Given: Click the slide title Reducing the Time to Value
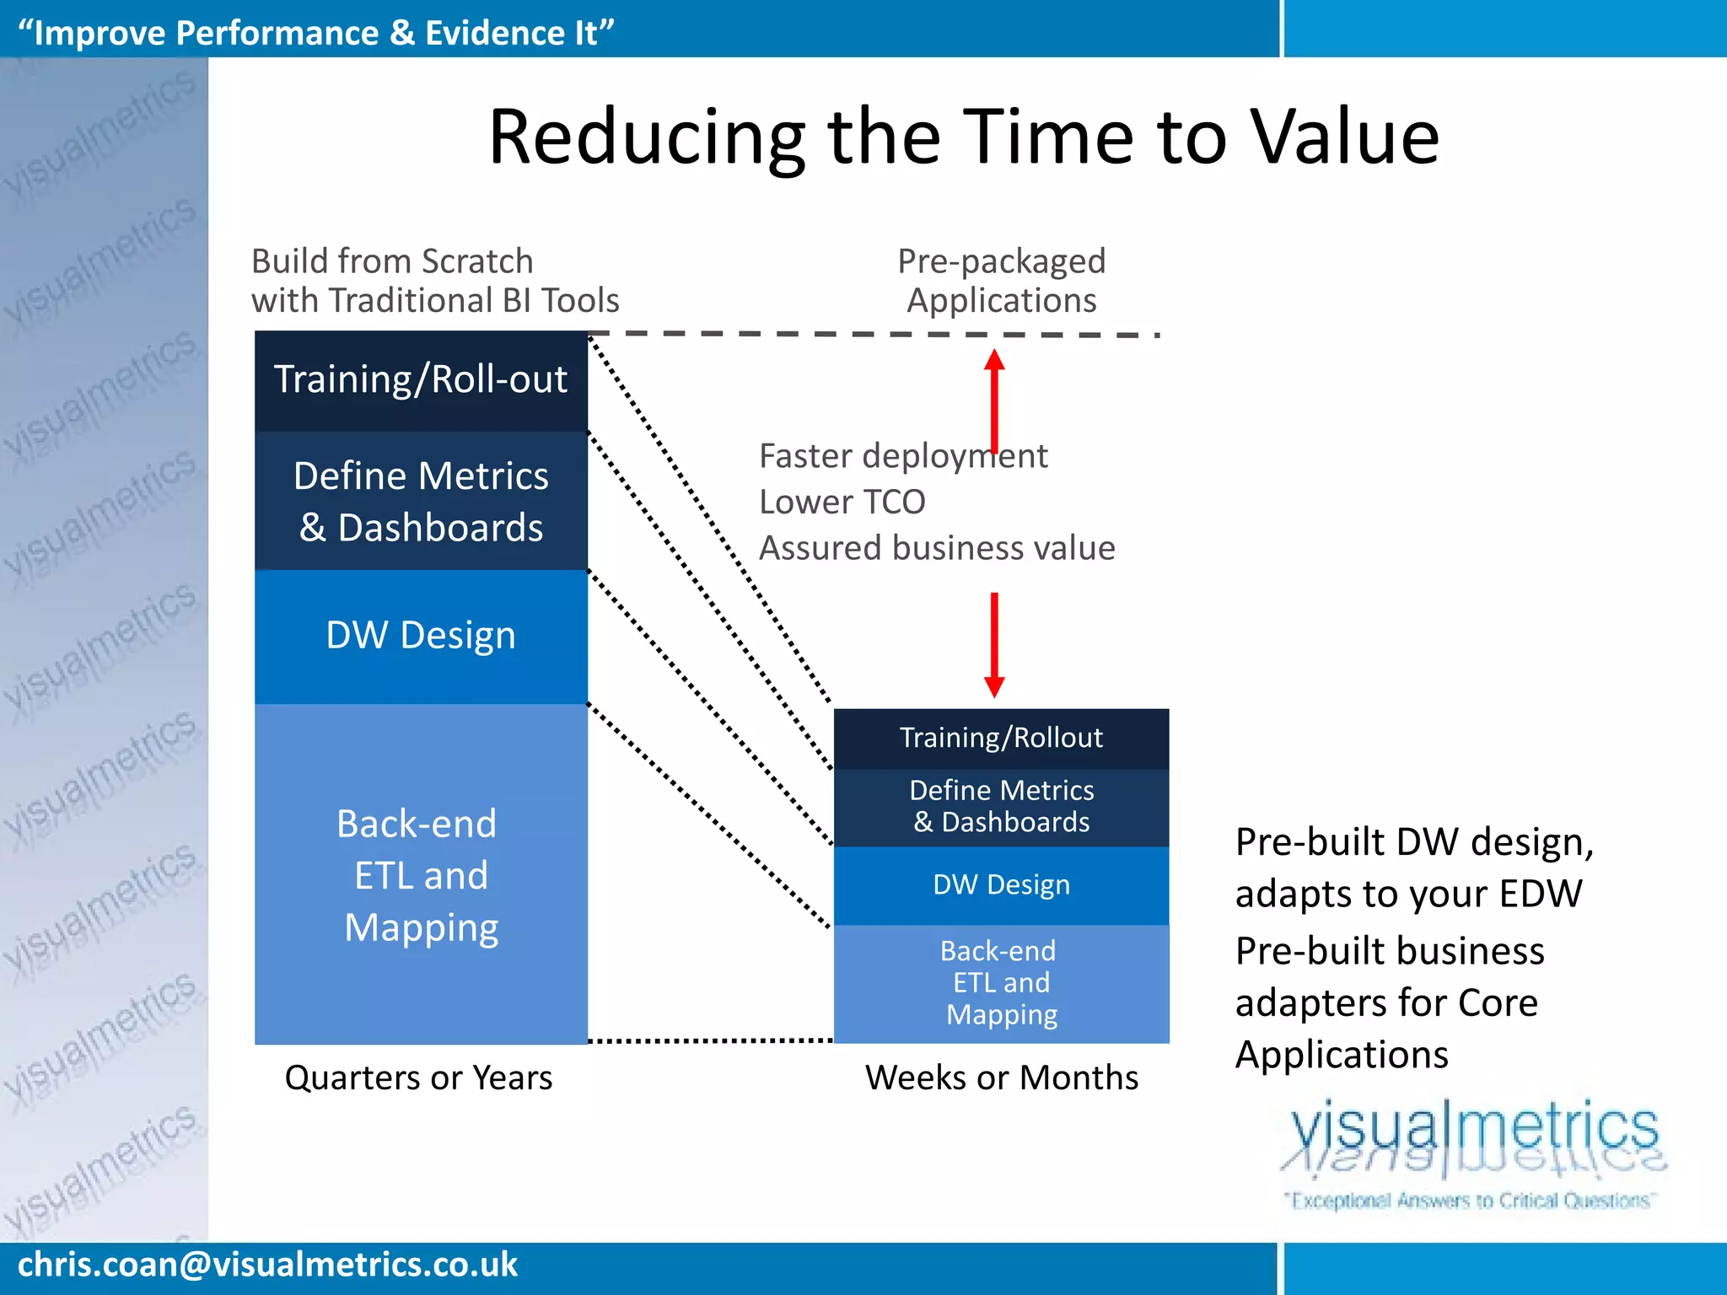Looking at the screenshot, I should click(x=963, y=137).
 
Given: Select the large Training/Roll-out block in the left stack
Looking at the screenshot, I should click(x=421, y=380).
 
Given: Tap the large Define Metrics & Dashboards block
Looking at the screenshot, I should click(x=421, y=501).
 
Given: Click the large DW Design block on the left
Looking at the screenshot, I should click(x=421, y=636).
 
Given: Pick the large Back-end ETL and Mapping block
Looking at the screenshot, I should click(x=421, y=874).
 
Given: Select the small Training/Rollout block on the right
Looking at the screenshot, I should click(x=1001, y=738).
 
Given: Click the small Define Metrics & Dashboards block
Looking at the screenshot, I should click(x=1001, y=806).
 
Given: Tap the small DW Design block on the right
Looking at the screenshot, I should click(x=1001, y=884).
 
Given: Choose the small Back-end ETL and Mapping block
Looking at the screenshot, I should click(x=1001, y=983).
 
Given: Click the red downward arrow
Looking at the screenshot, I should click(x=995, y=645).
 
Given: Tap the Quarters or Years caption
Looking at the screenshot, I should click(x=418, y=1077).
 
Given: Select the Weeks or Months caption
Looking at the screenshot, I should click(x=1001, y=1077).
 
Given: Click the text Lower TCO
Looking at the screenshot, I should click(x=842, y=502).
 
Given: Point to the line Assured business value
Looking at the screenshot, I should click(x=936, y=548).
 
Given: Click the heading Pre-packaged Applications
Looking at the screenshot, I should click(x=1001, y=281).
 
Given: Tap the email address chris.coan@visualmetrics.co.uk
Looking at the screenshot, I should click(x=267, y=1265).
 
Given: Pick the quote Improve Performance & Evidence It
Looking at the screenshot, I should click(x=315, y=33).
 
